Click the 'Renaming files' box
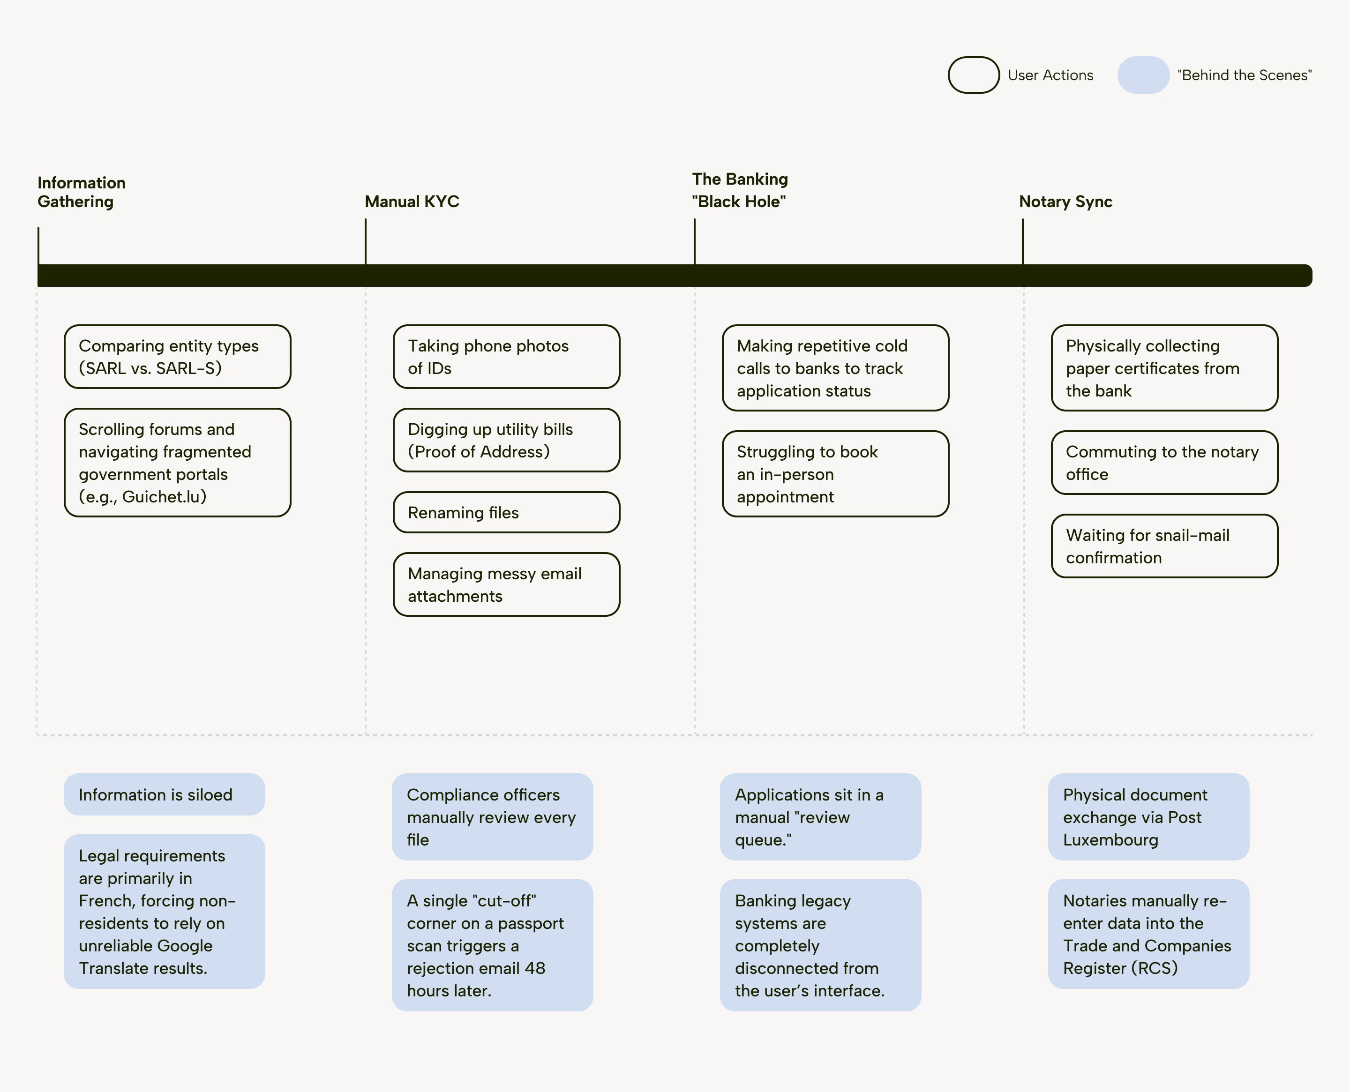(506, 512)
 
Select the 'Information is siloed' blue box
(164, 794)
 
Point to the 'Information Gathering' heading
(81, 192)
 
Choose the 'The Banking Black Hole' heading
(740, 190)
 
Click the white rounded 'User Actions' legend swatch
(974, 75)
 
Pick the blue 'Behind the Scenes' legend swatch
(1143, 75)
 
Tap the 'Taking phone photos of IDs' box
(506, 357)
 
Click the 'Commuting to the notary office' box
(1164, 462)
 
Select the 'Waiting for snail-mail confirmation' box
(1164, 546)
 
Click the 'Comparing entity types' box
(177, 357)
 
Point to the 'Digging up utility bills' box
(506, 440)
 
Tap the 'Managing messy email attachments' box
(506, 584)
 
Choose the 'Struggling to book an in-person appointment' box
(835, 474)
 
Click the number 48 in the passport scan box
(535, 968)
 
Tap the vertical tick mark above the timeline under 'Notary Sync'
(1022, 241)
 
